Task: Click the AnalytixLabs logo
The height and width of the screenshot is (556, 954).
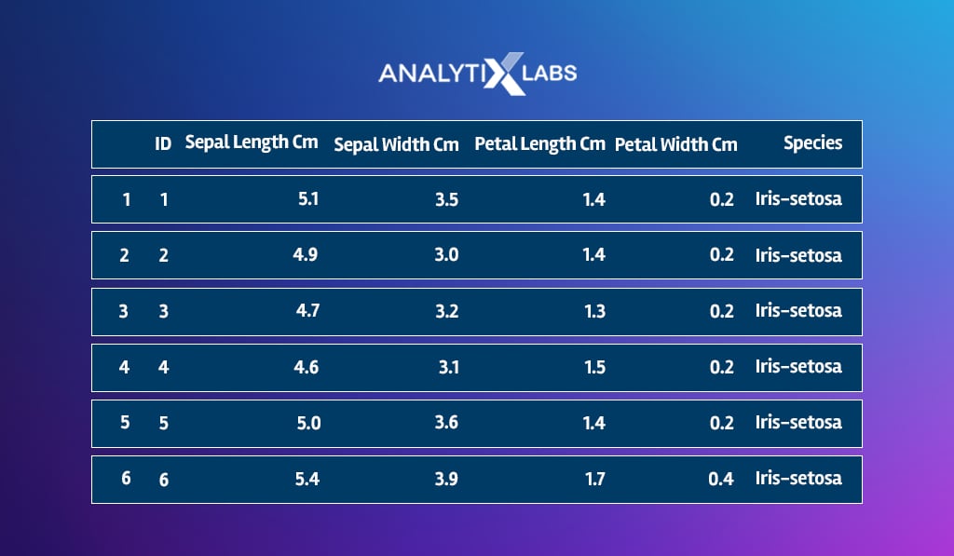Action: pyautogui.click(x=478, y=74)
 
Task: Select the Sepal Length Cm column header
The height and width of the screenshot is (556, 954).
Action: pyautogui.click(x=252, y=142)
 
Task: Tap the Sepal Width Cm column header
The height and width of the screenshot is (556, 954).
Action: pyautogui.click(x=396, y=144)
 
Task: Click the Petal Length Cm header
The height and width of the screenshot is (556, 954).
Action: pyautogui.click(x=539, y=144)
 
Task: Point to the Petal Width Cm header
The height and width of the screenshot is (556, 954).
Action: pyautogui.click(x=676, y=144)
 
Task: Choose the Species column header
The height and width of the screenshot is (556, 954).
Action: pyautogui.click(x=812, y=142)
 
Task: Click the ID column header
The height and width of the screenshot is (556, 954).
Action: pyautogui.click(x=163, y=143)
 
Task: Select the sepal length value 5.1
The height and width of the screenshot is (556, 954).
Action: pyautogui.click(x=308, y=199)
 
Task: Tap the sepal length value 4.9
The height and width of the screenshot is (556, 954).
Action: pyautogui.click(x=306, y=254)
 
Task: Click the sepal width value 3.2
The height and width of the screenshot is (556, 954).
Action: pyautogui.click(x=446, y=311)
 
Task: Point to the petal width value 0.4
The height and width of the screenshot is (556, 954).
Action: pyautogui.click(x=721, y=479)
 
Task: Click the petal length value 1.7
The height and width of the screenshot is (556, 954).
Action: pyautogui.click(x=595, y=479)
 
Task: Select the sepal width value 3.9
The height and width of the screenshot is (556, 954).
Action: pyautogui.click(x=446, y=479)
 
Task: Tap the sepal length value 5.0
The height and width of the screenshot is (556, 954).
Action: pyautogui.click(x=308, y=423)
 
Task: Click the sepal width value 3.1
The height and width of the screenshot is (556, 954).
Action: pyautogui.click(x=449, y=367)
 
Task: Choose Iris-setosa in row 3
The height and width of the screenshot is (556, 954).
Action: pyautogui.click(x=798, y=310)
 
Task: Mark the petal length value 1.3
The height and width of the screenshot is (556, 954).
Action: pyautogui.click(x=595, y=311)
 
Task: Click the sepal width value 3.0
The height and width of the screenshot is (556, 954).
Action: pyautogui.click(x=446, y=254)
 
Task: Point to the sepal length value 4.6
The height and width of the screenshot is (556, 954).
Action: pyautogui.click(x=306, y=367)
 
